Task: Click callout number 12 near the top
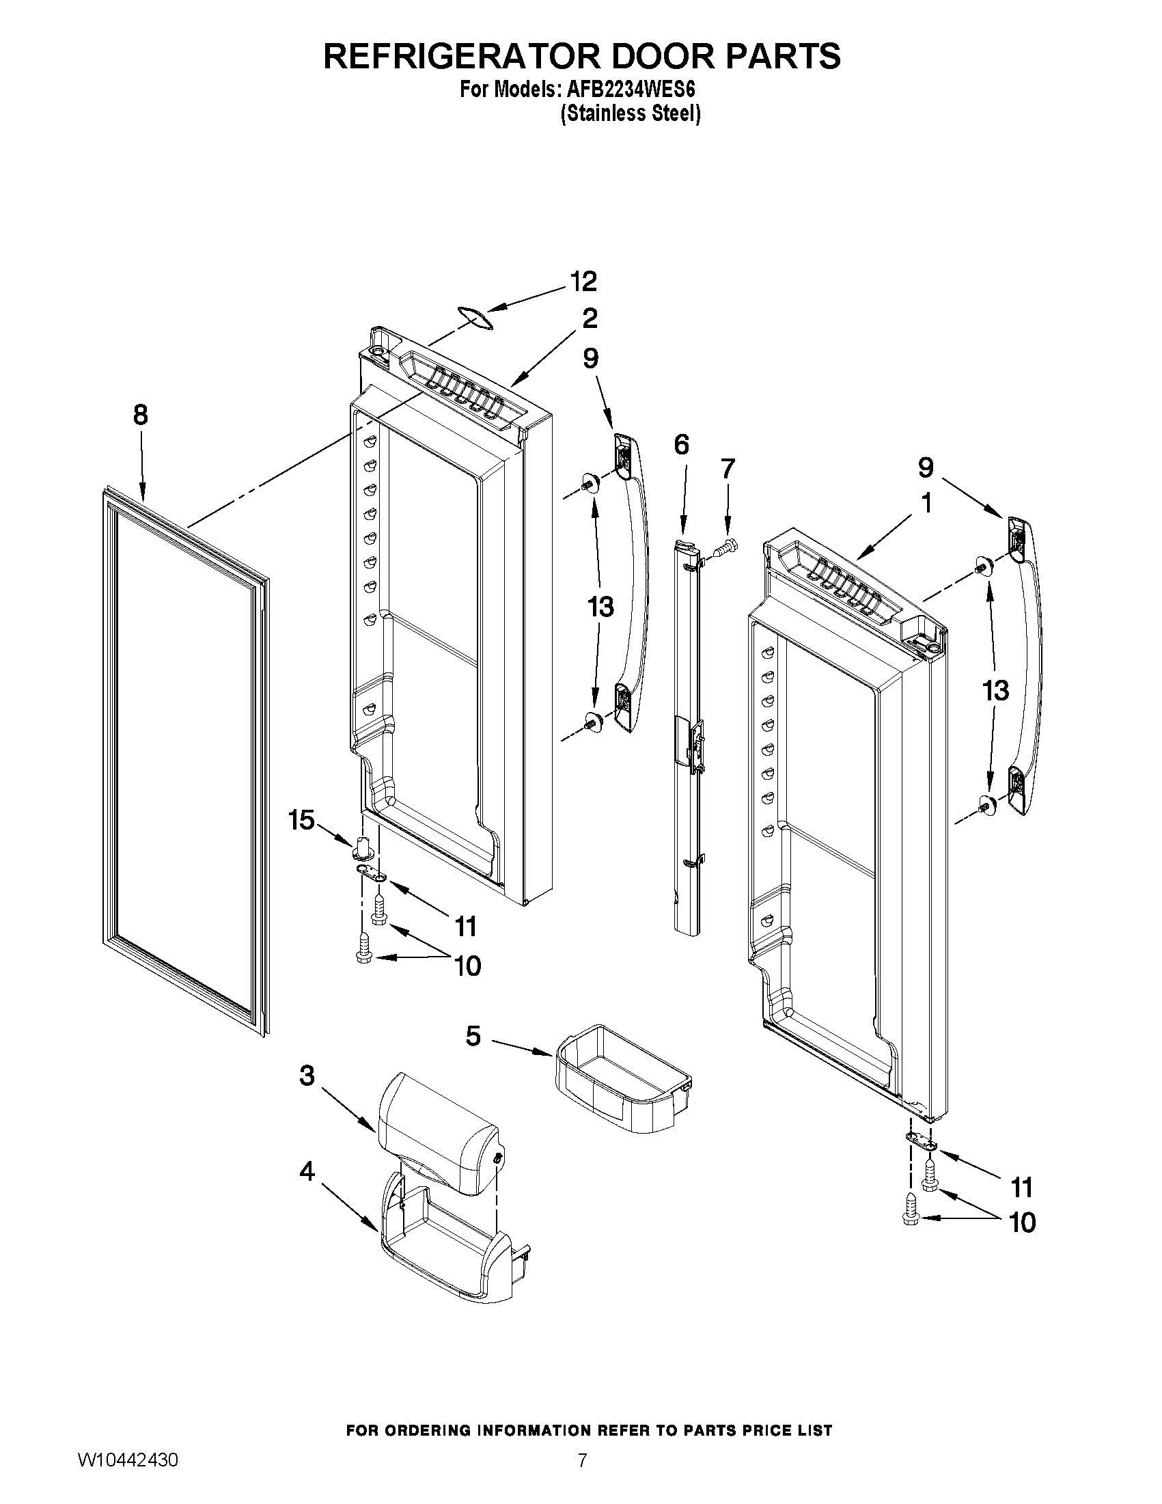pyautogui.click(x=583, y=281)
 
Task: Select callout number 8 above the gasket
pyautogui.click(x=140, y=415)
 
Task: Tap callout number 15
pyautogui.click(x=301, y=820)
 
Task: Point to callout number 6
pyautogui.click(x=681, y=445)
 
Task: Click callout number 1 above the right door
pyautogui.click(x=926, y=504)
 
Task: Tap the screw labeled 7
pyautogui.click(x=725, y=549)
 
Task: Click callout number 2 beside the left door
pyautogui.click(x=590, y=318)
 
